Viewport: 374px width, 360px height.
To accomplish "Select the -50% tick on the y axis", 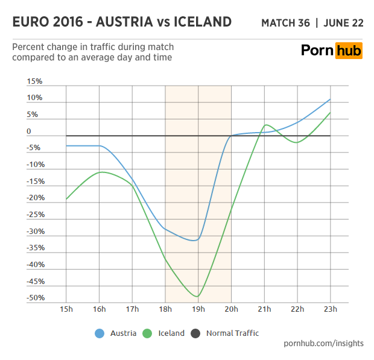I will pos(35,298).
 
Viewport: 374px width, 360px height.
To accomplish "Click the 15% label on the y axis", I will pos(35,81).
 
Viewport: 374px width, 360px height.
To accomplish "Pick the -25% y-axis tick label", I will pos(35,215).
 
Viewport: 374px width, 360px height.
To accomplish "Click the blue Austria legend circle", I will pos(100,333).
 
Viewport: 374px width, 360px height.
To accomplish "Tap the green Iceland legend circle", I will pos(148,333).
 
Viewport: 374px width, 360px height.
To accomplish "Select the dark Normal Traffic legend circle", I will pos(195,333).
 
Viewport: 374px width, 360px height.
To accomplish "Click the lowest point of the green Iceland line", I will pos(197,297).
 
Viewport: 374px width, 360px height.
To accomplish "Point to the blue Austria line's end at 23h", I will pos(330,99).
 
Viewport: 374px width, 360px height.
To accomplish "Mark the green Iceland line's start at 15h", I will pos(66,199).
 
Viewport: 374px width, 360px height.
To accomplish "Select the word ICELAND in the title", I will pos(202,22).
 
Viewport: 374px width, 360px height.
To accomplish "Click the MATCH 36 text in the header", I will pos(286,24).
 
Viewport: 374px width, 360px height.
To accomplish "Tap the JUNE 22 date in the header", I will pos(344,24).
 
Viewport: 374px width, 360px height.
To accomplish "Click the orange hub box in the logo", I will pos(349,50).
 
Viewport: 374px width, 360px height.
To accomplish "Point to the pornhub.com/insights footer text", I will pos(324,343).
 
